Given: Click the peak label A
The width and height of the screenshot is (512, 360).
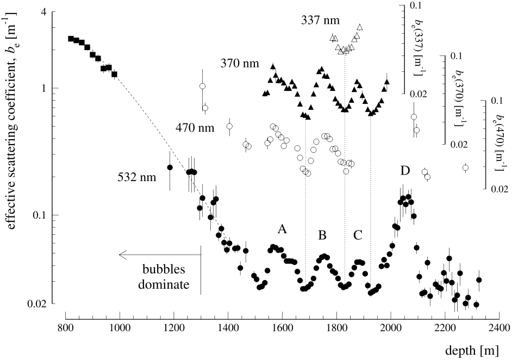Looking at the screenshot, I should point(282,229).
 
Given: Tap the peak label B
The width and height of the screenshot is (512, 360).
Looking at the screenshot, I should point(322,235).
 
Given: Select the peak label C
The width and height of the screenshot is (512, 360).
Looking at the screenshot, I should point(358,235).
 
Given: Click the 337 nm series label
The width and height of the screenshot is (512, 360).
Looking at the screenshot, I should point(321,21).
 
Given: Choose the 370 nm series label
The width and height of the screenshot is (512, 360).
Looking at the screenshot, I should point(240,64).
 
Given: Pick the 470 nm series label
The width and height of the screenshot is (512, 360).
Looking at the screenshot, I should point(194,128).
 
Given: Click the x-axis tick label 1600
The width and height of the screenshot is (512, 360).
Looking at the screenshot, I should point(282,328).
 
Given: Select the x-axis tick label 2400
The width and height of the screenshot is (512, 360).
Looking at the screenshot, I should point(499,328).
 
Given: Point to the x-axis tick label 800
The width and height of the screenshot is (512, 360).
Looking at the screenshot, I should point(65,328).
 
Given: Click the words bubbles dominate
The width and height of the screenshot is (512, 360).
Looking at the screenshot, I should point(164,277).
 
